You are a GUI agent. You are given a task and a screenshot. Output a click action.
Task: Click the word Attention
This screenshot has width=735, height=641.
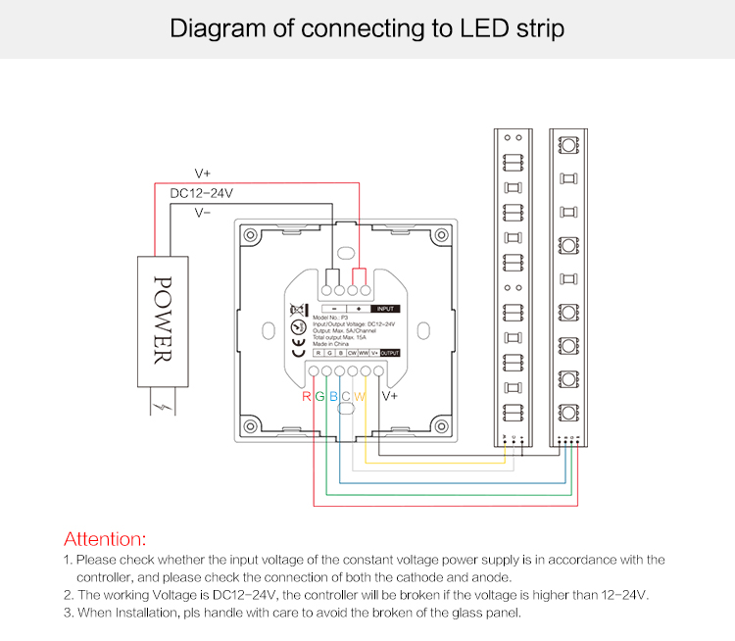tap(104, 538)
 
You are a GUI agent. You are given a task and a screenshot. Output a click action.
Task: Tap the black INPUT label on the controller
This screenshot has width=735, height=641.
tap(386, 308)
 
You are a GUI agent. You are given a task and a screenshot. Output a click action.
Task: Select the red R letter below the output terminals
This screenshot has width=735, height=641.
tap(307, 397)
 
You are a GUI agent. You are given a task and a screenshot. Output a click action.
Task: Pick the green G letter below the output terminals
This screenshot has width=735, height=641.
tap(319, 397)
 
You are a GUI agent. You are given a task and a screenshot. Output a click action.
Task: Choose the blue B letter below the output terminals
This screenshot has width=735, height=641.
tap(333, 397)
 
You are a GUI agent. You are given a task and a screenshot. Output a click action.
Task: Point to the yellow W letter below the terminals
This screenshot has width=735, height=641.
tap(360, 397)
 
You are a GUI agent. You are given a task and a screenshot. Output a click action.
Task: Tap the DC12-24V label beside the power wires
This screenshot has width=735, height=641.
tap(201, 193)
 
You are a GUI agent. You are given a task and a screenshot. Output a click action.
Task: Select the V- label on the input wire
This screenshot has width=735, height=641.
tap(203, 212)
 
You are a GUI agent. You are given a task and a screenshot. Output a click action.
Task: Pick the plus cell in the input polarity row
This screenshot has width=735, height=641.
tap(359, 308)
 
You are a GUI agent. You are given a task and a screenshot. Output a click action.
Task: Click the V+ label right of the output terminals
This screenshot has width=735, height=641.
tap(388, 397)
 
